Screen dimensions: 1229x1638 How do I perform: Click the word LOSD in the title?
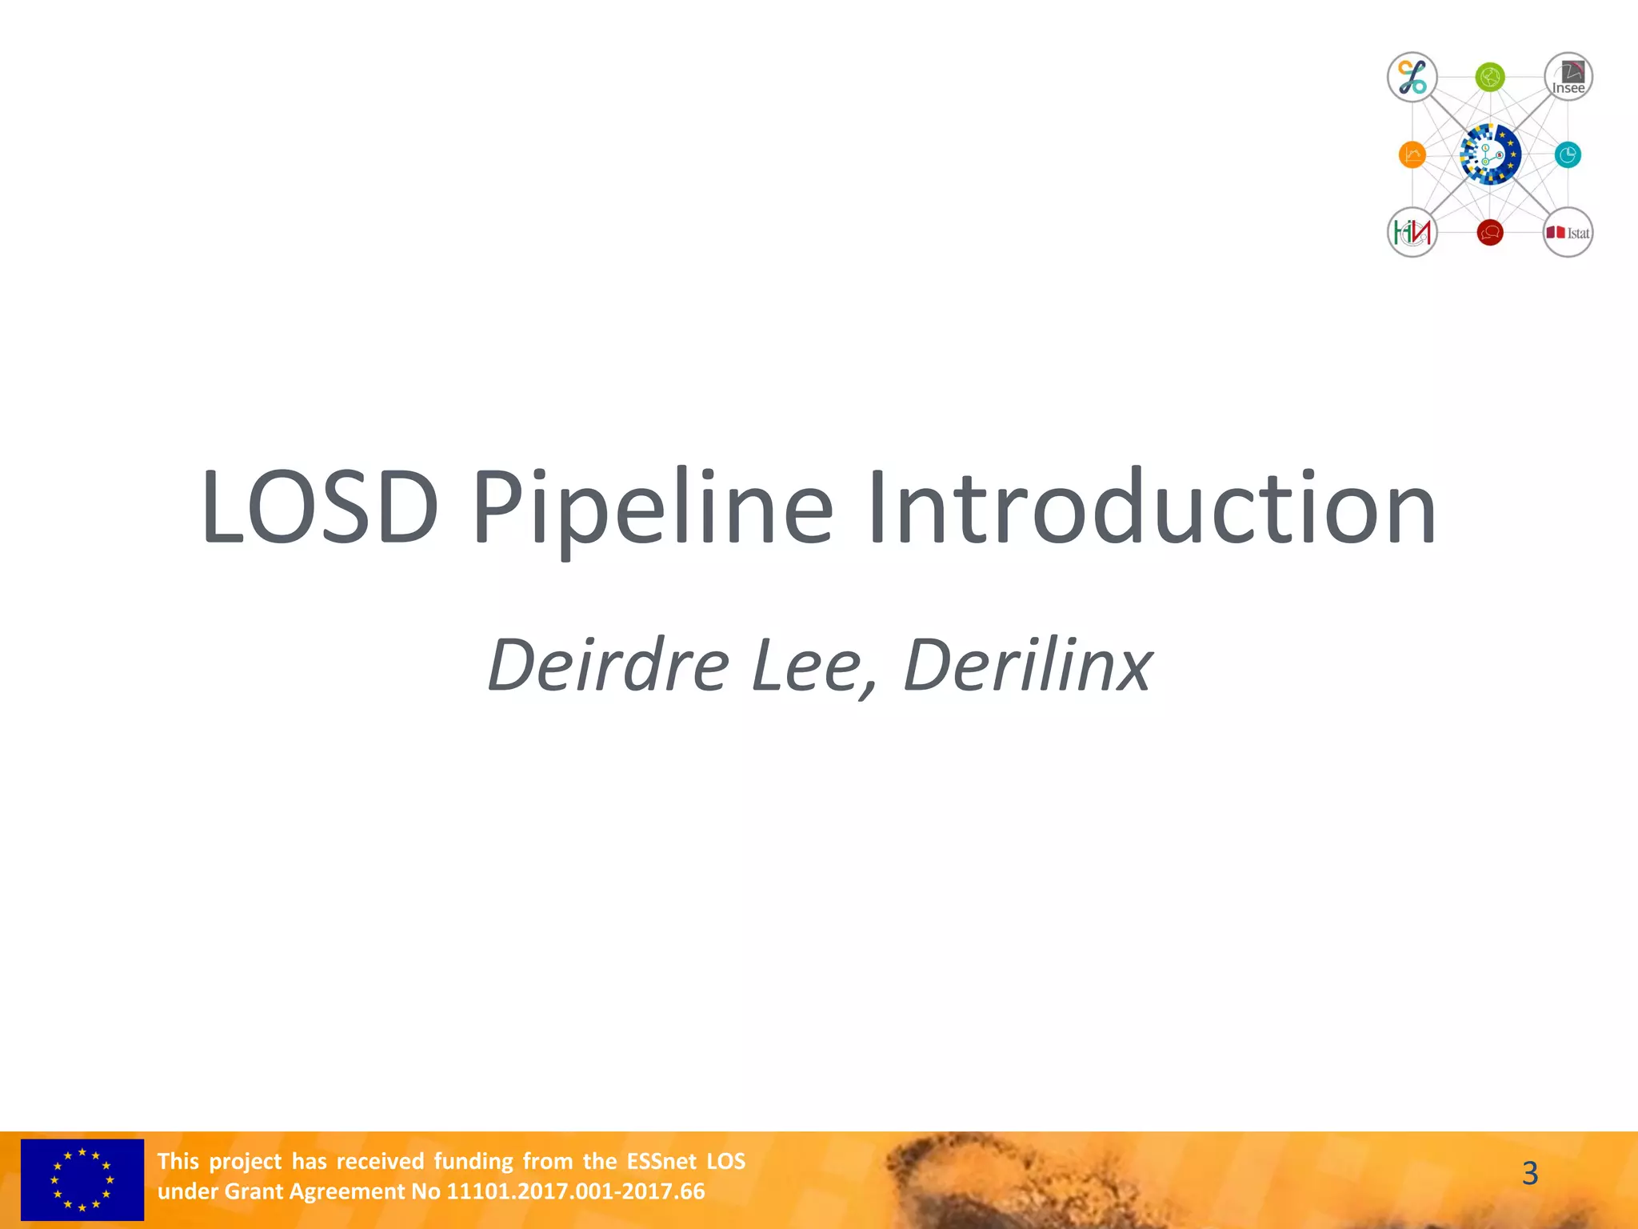(x=320, y=508)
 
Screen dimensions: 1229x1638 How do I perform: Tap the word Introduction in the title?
(x=1152, y=508)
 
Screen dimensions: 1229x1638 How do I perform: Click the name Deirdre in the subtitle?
(x=608, y=665)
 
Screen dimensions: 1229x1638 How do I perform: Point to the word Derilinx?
(x=1028, y=665)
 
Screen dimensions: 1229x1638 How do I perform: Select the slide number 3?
(x=1529, y=1174)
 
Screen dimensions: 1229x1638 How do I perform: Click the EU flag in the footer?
(x=82, y=1179)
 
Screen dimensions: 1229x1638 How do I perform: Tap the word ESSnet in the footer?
(x=662, y=1161)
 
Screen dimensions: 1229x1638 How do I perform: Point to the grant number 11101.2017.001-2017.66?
(x=575, y=1191)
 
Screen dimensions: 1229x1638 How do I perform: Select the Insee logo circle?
(x=1568, y=78)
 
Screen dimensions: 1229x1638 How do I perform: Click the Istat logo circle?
(x=1568, y=233)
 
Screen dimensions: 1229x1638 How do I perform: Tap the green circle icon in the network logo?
(x=1490, y=78)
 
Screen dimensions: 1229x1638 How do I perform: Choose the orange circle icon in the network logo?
(x=1412, y=154)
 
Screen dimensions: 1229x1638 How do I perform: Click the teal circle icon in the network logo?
(x=1568, y=154)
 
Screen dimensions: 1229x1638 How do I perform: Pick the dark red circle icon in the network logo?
(x=1490, y=233)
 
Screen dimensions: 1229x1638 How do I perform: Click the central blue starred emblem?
(x=1490, y=154)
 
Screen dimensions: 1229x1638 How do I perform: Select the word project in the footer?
(x=246, y=1161)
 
